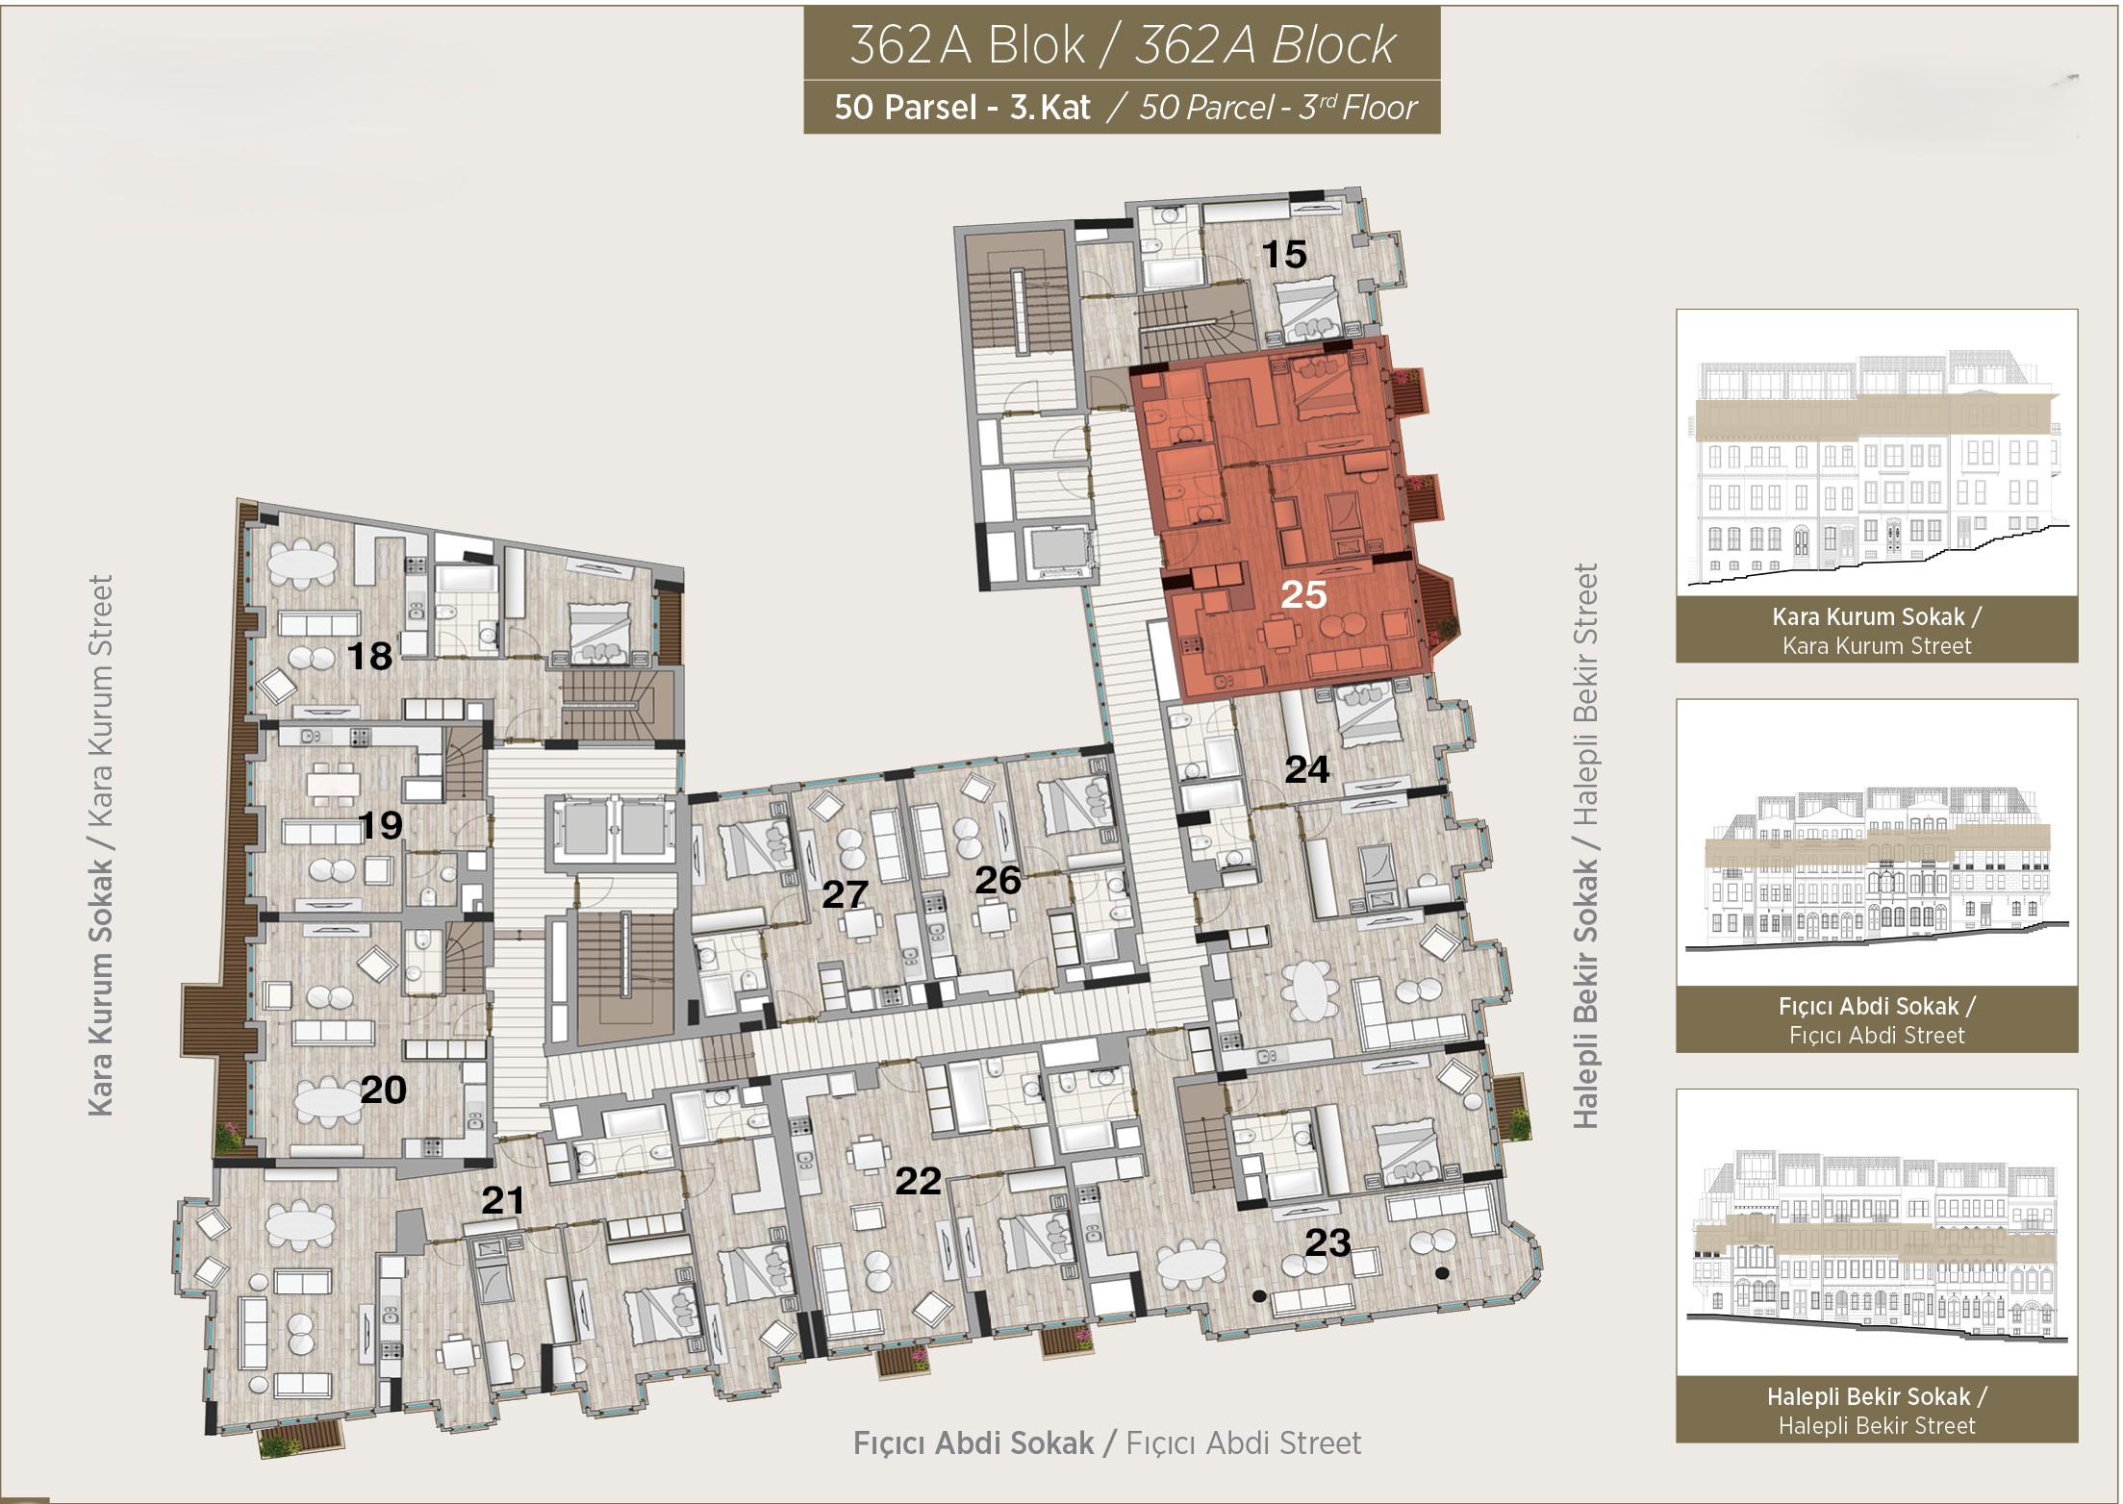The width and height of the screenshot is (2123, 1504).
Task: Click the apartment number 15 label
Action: coord(1284,255)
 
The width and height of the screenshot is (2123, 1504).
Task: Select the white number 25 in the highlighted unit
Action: coord(1304,595)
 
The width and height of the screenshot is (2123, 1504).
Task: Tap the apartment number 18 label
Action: coord(369,657)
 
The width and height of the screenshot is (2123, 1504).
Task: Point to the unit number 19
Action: coord(380,825)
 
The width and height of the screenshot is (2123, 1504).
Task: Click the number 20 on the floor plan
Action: coord(383,1090)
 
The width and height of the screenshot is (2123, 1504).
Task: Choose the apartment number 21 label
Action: coord(503,1200)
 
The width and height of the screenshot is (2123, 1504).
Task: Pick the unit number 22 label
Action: coord(918,1181)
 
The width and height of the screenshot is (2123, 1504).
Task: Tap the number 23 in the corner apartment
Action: coord(1328,1243)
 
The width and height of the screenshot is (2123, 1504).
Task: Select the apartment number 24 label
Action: coord(1307,769)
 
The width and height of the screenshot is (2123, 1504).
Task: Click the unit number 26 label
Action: coord(998,880)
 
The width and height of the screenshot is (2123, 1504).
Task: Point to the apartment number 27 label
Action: coord(845,895)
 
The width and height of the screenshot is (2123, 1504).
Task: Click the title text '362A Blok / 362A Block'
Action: coord(1122,45)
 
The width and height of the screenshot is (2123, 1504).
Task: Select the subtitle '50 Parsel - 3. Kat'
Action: coord(962,107)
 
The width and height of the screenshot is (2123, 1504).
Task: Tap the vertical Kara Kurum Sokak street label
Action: coord(100,845)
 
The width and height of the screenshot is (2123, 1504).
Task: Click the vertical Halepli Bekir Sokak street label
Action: coord(1585,845)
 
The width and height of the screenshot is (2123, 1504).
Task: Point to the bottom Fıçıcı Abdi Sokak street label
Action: coord(1107,1442)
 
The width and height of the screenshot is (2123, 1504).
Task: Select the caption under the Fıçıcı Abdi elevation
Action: coord(1877,1020)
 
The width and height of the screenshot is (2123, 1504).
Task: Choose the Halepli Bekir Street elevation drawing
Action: coord(1877,1249)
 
